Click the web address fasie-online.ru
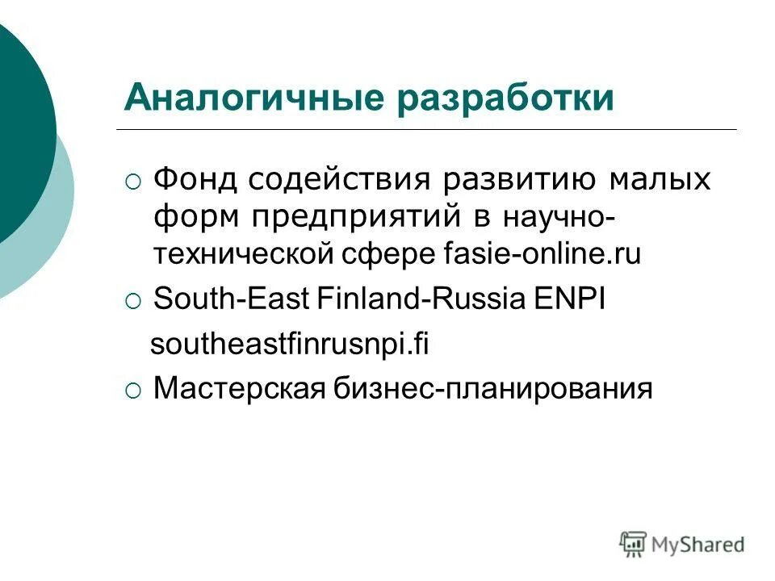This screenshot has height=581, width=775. (542, 255)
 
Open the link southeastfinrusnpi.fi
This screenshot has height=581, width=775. (291, 345)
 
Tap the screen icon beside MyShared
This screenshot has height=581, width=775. (634, 543)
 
